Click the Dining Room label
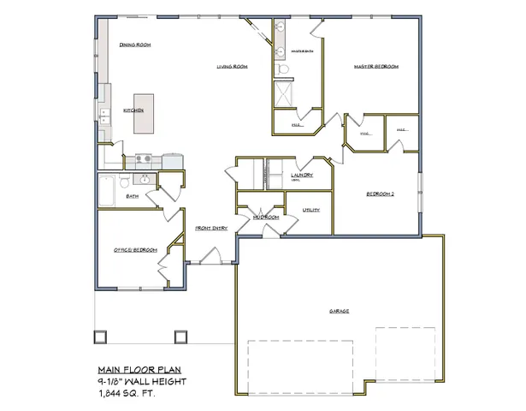[135, 45]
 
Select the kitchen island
[145, 113]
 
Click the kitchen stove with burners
[143, 158]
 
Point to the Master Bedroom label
[377, 67]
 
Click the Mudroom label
[266, 217]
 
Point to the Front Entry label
[210, 229]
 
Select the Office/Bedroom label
[136, 249]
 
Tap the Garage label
[339, 311]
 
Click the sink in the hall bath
[123, 182]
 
